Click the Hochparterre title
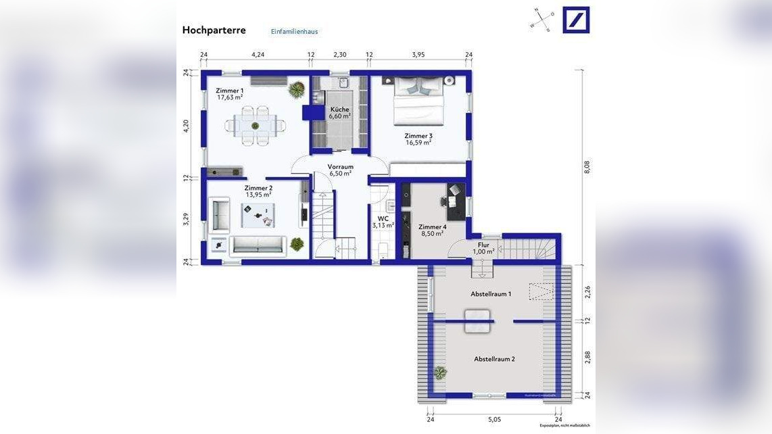point(214,30)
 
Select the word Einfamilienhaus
point(294,32)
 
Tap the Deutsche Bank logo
point(576,20)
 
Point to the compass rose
point(542,20)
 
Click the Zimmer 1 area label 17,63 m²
point(230,97)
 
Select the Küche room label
point(339,109)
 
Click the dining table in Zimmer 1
point(256,125)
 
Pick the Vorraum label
point(340,166)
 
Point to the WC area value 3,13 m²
point(383,225)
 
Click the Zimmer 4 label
point(432,226)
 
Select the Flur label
point(483,245)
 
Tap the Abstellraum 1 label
point(491,294)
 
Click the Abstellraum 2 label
point(494,359)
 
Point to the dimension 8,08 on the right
point(587,167)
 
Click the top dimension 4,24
point(258,55)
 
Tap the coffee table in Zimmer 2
point(258,215)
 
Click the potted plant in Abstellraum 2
point(441,372)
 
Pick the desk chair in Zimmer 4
point(445,201)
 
